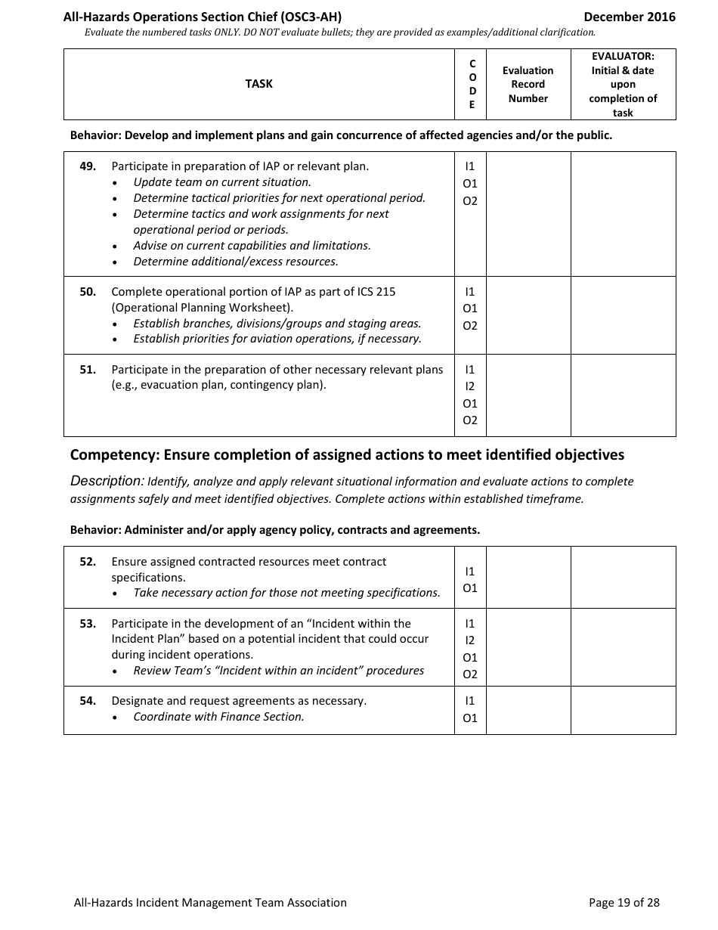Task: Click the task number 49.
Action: tap(88, 166)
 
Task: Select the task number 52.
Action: tap(88, 562)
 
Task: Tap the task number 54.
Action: tap(88, 701)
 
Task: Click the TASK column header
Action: tap(258, 84)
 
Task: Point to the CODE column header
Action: tap(472, 84)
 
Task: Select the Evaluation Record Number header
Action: tap(528, 84)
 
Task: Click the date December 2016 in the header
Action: tap(629, 17)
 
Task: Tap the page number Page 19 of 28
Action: tap(624, 902)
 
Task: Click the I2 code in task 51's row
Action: tap(470, 386)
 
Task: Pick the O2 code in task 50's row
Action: tap(470, 326)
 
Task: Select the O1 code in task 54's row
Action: tap(470, 718)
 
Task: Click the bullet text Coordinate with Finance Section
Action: tap(218, 717)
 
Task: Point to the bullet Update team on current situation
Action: tap(221, 182)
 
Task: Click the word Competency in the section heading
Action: tap(113, 455)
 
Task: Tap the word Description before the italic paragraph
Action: tap(107, 481)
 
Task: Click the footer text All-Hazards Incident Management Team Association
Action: tap(210, 902)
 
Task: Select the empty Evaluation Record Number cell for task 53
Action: tap(528, 647)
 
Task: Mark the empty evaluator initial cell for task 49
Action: tap(623, 214)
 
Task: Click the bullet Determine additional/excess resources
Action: tap(235, 262)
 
